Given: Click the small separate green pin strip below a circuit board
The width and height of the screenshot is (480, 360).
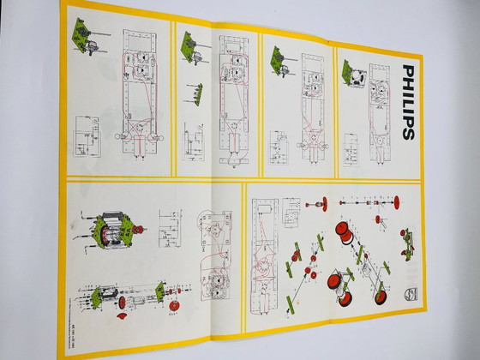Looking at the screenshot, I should pyautogui.click(x=199, y=89).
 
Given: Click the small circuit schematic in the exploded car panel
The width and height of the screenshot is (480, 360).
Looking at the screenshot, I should pyautogui.click(x=291, y=209).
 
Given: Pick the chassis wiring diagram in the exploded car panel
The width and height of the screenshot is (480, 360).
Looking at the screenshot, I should pyautogui.click(x=263, y=257).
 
